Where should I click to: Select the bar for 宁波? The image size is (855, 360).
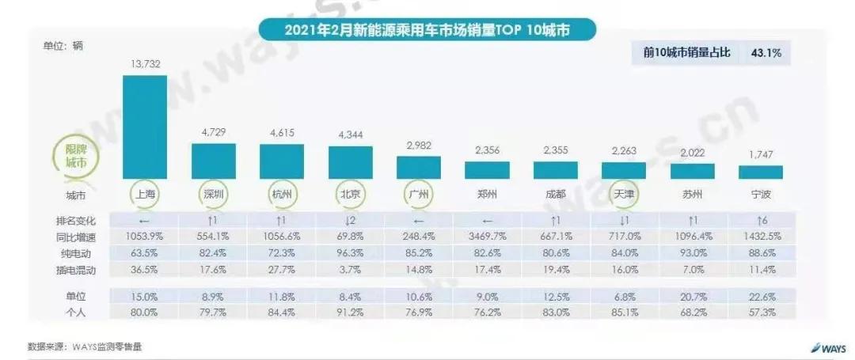point(761,172)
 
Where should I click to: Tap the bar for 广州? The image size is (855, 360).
point(419,167)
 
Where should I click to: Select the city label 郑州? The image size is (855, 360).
point(487,193)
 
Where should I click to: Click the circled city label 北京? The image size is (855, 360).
point(350,193)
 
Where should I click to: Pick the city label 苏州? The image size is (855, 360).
point(693,193)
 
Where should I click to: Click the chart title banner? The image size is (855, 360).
point(427,30)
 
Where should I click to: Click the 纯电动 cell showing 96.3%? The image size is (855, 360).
point(350,252)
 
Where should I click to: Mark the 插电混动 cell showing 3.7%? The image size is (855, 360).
point(350,268)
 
